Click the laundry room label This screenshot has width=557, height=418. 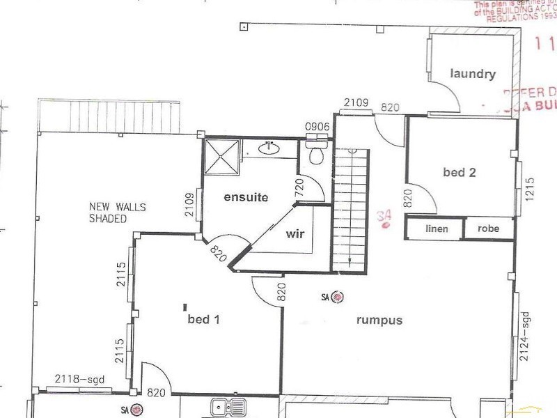[472, 74]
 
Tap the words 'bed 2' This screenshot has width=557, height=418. [459, 172]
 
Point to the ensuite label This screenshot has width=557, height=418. [246, 197]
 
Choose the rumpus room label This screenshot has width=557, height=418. [379, 320]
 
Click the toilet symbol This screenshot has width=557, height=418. [317, 155]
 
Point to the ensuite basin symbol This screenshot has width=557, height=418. [269, 148]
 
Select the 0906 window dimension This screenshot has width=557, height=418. [317, 126]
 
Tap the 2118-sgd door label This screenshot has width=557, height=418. [77, 380]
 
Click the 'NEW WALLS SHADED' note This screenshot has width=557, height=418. [108, 212]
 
